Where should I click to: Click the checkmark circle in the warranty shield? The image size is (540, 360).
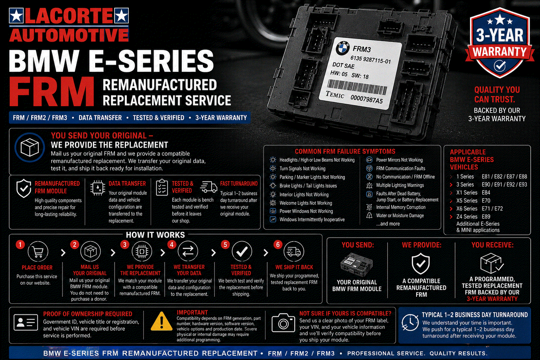(x=500, y=66)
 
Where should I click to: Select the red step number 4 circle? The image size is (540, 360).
(x=172, y=245)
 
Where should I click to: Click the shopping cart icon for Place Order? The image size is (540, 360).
(x=38, y=252)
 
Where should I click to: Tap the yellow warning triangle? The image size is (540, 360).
(x=162, y=321)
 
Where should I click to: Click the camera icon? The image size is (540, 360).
(x=283, y=323)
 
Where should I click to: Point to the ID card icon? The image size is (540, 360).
(x=26, y=323)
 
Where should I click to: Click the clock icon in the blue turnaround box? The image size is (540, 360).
(x=410, y=323)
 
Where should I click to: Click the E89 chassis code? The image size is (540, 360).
(x=486, y=216)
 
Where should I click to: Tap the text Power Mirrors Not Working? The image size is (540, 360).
(x=399, y=160)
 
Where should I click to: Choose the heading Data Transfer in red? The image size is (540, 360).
(x=127, y=184)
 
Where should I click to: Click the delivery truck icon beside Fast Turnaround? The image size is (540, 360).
(x=209, y=187)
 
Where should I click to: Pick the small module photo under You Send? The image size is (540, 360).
(x=356, y=265)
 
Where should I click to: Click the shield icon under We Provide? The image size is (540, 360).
(x=421, y=264)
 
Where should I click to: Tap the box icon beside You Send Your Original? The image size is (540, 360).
(x=30, y=147)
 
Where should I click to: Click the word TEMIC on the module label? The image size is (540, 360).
(x=335, y=95)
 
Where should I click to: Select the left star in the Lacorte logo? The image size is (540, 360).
(x=16, y=15)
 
